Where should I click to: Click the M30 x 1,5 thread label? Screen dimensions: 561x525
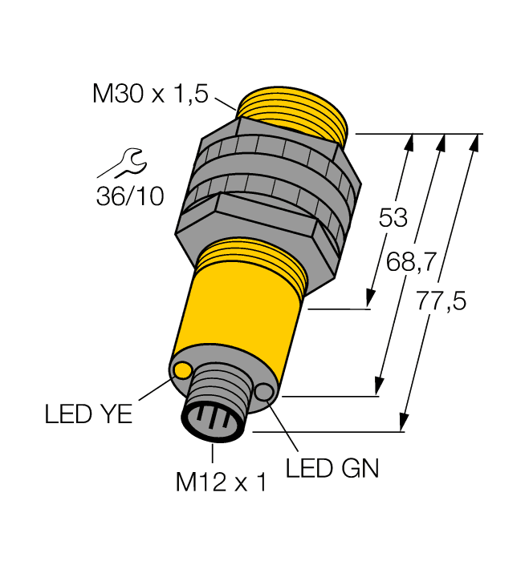[x=150, y=95]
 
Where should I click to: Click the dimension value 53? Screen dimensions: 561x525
[x=393, y=218]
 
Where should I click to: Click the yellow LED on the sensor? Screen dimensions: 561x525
[x=183, y=369]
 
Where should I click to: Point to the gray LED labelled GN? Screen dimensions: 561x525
[x=264, y=392]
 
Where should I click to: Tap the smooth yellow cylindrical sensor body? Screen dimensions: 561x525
[x=241, y=321]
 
